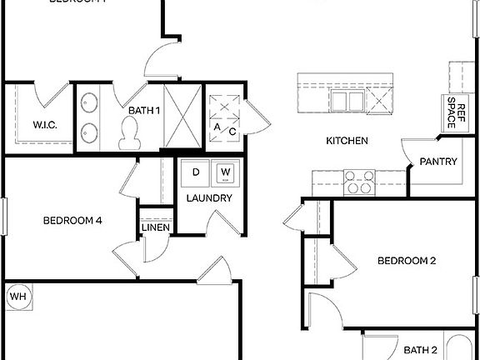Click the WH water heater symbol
[x=17, y=296]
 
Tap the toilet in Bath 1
[x=129, y=132]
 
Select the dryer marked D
[x=196, y=172]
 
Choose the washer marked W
[x=225, y=172]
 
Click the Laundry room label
[x=209, y=198]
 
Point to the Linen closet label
[x=156, y=228]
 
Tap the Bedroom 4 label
[x=72, y=221]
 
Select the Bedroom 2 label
[x=407, y=261]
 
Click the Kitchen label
[x=347, y=141]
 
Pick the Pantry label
[x=438, y=162]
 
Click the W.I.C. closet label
[x=44, y=125]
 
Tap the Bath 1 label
[x=144, y=109]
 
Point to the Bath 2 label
[x=421, y=350]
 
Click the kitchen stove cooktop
[x=358, y=182]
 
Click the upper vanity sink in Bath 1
[x=89, y=104]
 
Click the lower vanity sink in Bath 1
[x=89, y=131]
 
